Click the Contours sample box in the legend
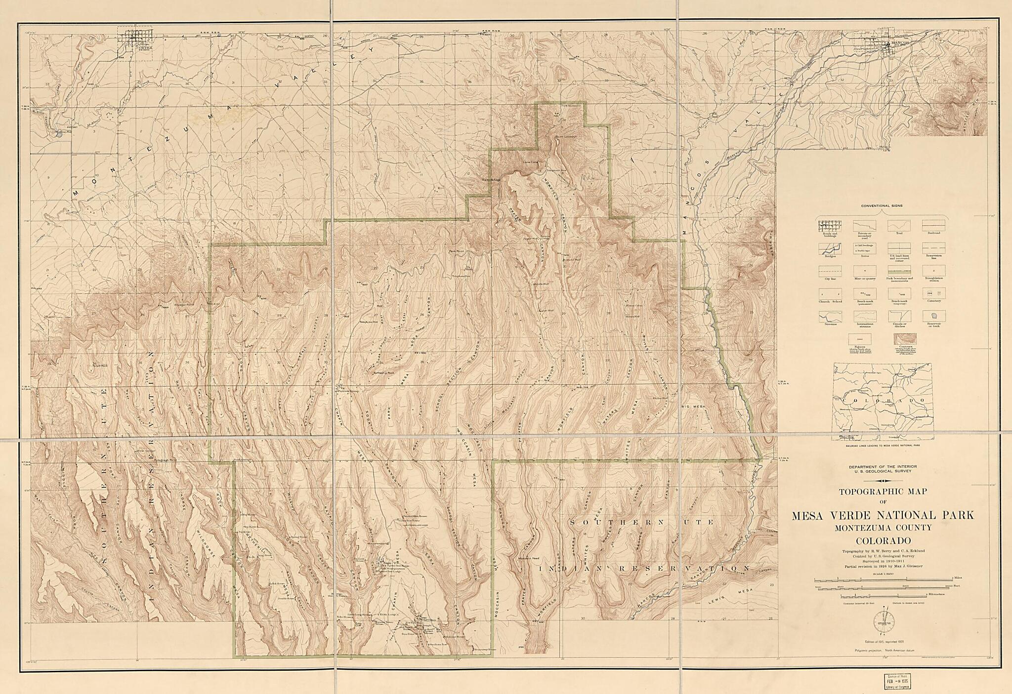point(905,338)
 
